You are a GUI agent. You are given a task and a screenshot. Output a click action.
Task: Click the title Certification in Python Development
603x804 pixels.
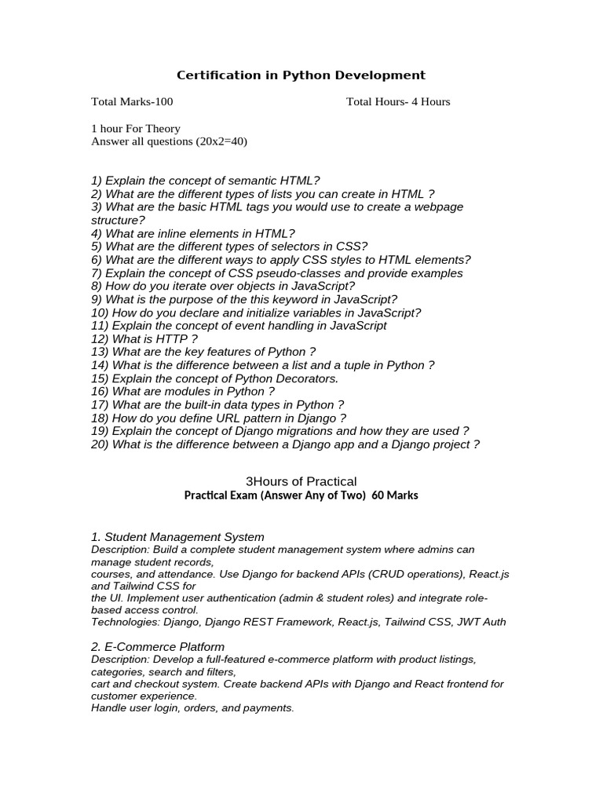click(x=301, y=75)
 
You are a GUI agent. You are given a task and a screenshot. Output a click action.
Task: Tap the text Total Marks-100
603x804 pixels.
click(x=132, y=101)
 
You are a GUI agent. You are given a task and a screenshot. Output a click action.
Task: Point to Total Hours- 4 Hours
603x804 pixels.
click(x=398, y=101)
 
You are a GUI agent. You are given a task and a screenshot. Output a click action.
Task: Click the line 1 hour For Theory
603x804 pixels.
click(x=136, y=128)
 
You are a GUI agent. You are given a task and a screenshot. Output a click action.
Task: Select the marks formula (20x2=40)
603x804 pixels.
click(x=221, y=141)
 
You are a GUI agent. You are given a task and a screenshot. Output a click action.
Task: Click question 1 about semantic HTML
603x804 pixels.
click(x=206, y=181)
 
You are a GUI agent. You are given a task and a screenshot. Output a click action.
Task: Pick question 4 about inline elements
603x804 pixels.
click(x=193, y=233)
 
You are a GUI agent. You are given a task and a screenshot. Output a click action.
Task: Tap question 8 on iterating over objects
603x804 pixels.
click(x=223, y=286)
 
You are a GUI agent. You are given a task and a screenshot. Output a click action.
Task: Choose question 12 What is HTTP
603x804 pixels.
click(x=144, y=338)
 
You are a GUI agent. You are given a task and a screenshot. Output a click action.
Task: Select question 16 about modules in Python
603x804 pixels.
click(x=183, y=392)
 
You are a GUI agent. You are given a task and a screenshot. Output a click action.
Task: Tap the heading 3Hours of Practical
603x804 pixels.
click(x=301, y=481)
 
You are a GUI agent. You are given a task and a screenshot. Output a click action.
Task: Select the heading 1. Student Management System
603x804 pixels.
click(x=177, y=537)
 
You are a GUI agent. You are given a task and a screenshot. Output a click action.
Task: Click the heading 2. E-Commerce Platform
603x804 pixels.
click(x=158, y=647)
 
